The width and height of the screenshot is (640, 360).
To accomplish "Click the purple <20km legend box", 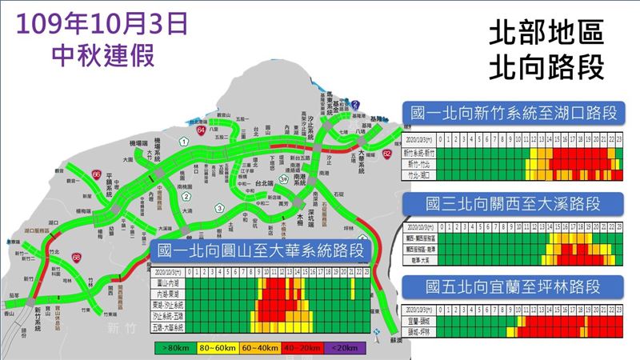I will (345, 348).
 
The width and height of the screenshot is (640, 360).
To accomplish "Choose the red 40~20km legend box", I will (302, 348).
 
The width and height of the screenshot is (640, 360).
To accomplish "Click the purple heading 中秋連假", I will (102, 54).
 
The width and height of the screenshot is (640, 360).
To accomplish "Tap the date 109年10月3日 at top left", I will (102, 23).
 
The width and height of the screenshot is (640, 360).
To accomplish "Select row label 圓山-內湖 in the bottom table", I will (168, 283).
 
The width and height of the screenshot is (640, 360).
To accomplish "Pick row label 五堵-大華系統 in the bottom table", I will (168, 328).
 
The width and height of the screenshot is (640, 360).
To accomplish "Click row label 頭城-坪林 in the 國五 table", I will (421, 330).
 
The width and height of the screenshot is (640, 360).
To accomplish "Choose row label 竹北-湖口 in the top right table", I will (421, 173).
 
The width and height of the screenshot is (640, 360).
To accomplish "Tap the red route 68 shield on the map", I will (75, 258).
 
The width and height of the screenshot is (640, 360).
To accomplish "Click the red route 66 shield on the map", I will (96, 173).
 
